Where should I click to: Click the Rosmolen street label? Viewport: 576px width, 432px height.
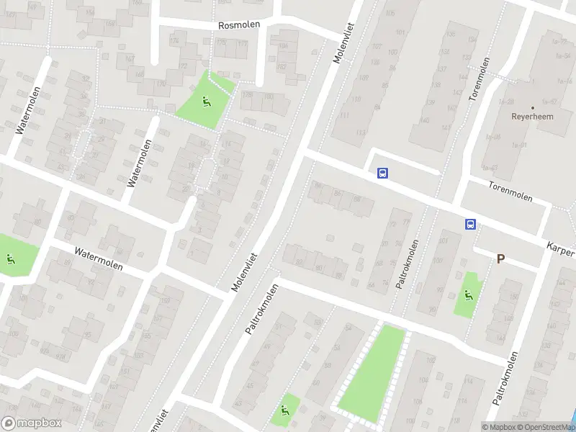239,24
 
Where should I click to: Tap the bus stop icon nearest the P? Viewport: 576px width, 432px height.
470,225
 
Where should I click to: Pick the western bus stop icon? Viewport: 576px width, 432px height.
382,173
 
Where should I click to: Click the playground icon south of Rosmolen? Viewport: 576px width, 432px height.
206,102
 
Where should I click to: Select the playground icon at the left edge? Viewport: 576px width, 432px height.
10,259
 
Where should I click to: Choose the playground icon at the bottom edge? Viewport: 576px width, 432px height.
284,412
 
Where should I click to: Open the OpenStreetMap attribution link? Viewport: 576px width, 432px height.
545,427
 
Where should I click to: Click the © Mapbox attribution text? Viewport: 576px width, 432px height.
498,427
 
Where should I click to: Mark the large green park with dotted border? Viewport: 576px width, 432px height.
372,373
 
